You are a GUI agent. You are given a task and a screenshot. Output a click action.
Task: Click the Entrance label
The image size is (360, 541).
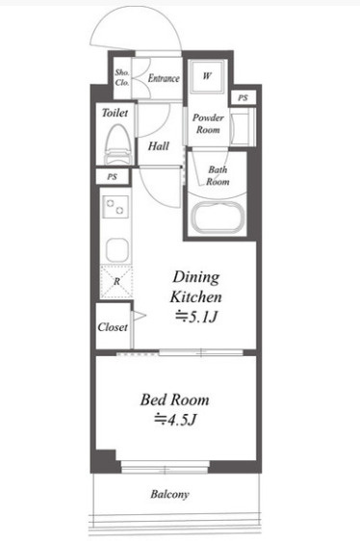coord(164,78)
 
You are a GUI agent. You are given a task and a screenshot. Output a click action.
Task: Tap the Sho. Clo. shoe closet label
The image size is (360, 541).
coord(122,77)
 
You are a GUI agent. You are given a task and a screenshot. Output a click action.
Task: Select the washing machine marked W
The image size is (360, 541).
coord(207,77)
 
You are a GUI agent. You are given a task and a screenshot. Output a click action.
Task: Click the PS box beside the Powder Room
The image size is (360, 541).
coord(243,97)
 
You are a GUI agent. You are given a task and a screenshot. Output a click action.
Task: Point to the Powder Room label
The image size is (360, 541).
coord(208,123)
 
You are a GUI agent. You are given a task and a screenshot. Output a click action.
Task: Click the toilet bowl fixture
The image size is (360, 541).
coord(118,144)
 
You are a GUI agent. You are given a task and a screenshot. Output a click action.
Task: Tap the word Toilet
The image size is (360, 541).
coord(115,113)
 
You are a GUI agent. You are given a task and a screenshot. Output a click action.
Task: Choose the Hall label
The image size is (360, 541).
coord(159,146)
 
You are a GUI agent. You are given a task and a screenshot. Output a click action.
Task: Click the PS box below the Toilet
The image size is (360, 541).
coord(113,177)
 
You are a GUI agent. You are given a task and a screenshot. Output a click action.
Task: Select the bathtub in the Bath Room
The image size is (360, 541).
coord(218,219)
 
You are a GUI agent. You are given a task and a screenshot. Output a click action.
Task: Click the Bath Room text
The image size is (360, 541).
coord(218,175)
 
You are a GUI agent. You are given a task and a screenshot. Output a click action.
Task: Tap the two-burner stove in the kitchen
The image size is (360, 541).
coord(116,207)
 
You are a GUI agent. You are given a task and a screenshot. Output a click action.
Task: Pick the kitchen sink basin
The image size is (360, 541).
coord(117,249)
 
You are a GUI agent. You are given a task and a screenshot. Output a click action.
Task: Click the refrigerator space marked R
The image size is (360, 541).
coord(116,281)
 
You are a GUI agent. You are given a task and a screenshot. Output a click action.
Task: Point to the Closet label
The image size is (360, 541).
coord(113,326)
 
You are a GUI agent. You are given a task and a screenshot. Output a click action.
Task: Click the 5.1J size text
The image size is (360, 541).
coord(197,317)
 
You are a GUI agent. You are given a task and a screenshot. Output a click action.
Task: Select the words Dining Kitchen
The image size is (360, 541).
coord(195,287)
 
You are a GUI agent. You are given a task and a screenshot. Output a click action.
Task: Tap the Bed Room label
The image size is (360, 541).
coord(174,399)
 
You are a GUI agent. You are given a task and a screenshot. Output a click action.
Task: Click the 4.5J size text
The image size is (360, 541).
coord(176,420)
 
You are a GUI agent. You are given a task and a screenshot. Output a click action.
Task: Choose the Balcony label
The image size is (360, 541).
coord(169,494)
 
